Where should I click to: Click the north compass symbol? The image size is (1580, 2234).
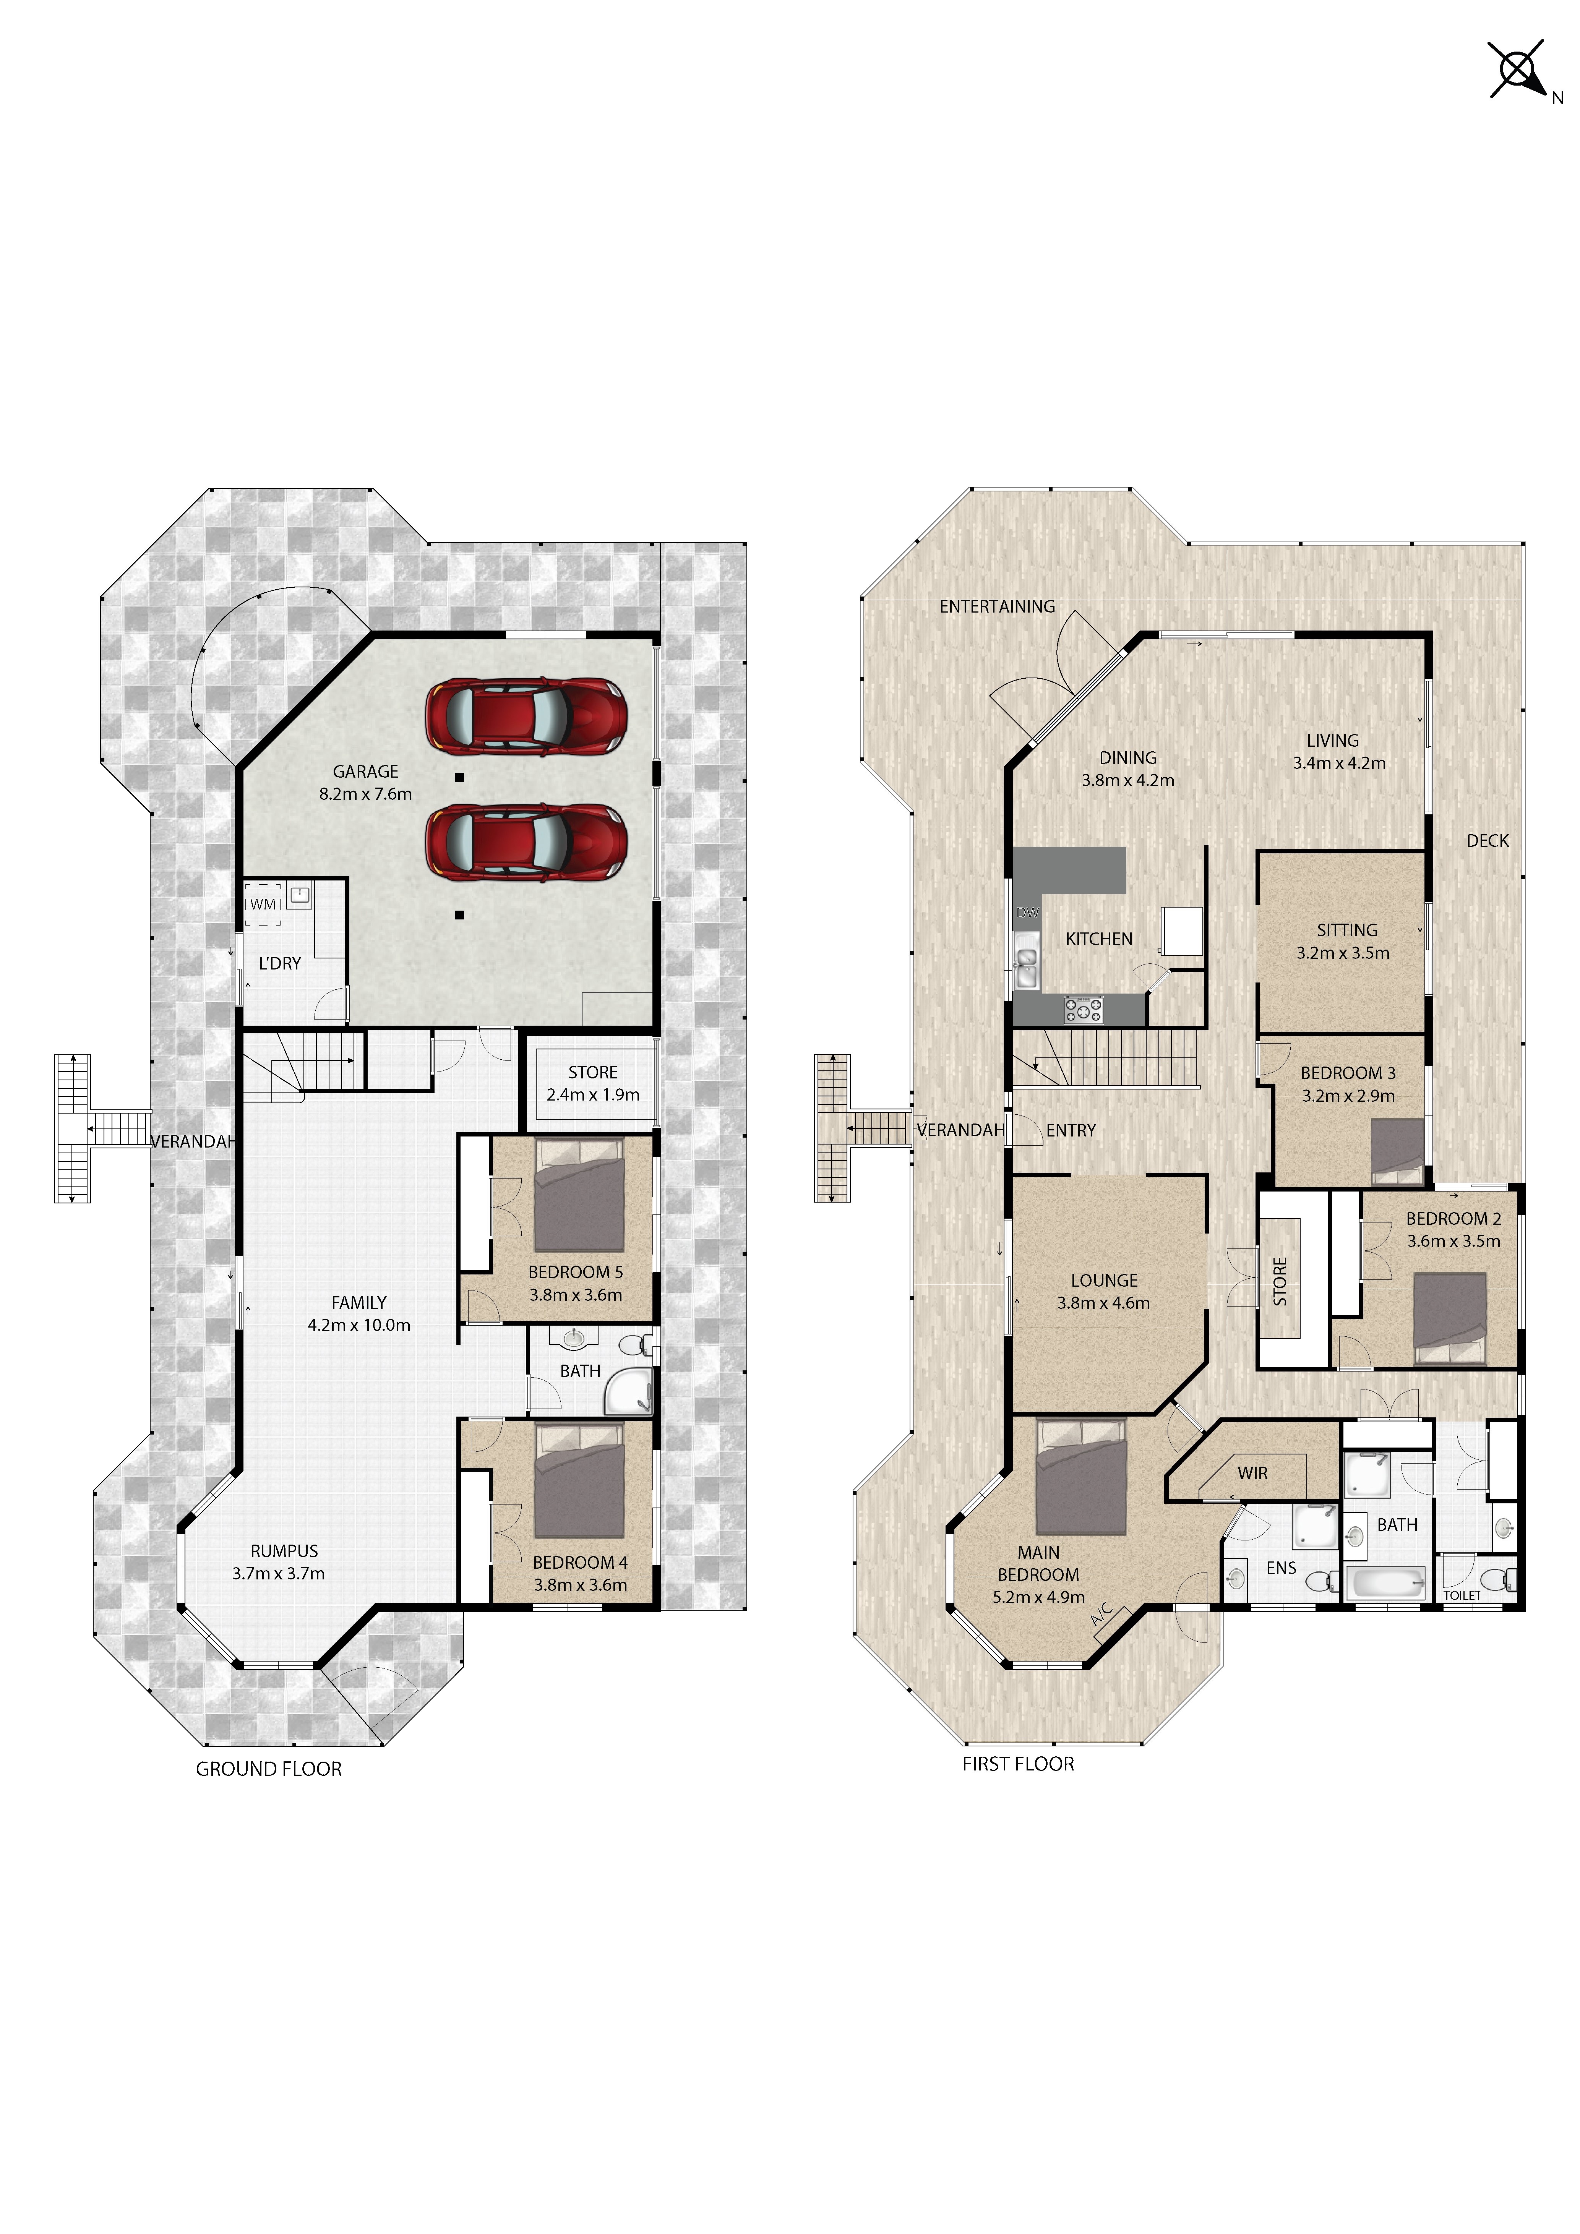[1518, 69]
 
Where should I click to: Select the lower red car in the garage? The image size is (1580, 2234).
[526, 841]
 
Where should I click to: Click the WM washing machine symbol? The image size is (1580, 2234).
[263, 904]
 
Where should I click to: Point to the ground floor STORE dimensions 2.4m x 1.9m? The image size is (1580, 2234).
[592, 1094]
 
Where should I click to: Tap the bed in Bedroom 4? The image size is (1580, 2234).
[579, 1481]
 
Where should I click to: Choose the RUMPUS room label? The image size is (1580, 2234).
[284, 1551]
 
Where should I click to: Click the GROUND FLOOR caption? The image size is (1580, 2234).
[269, 1769]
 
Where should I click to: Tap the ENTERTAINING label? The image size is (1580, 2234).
[997, 606]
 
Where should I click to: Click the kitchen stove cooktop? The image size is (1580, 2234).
[1083, 1009]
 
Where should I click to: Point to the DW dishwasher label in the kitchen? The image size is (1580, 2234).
[1027, 913]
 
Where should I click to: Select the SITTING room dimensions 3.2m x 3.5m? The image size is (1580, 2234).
[1343, 953]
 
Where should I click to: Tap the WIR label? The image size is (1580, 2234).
[1252, 1473]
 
